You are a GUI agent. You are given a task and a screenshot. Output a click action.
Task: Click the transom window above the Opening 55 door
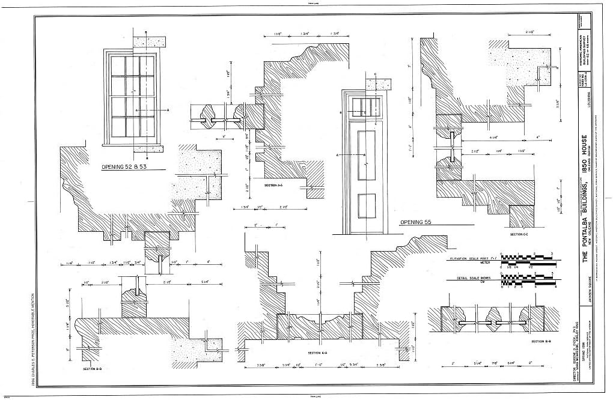tap(364, 106)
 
